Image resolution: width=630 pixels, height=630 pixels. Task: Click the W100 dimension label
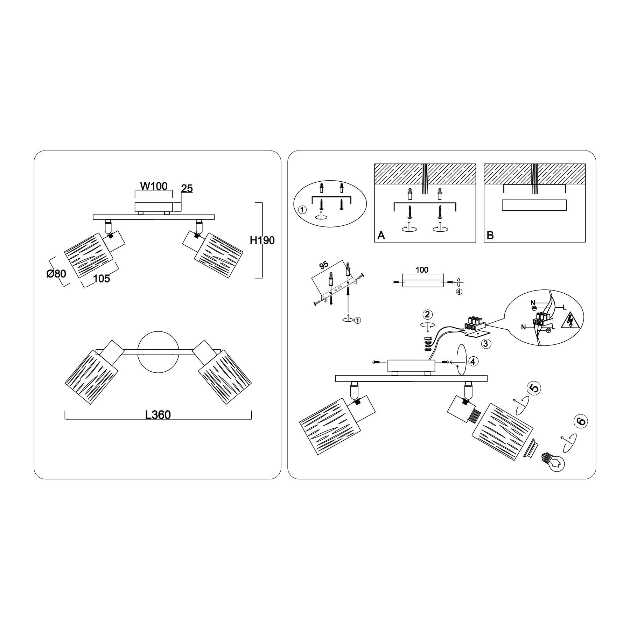[x=154, y=186]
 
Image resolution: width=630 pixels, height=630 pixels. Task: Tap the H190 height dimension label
[x=262, y=240]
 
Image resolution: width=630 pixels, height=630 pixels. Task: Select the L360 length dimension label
[x=158, y=415]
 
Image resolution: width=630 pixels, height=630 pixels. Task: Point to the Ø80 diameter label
[x=56, y=274]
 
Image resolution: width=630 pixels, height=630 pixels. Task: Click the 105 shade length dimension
[x=101, y=279]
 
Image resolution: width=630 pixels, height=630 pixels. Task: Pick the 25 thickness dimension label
[x=187, y=189]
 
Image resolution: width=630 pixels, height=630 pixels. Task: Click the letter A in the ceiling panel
[x=381, y=236]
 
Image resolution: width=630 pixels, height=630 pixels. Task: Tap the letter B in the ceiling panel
[x=490, y=236]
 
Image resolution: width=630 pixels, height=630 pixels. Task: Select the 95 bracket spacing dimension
[x=323, y=265]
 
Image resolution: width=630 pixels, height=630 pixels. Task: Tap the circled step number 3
[x=485, y=344]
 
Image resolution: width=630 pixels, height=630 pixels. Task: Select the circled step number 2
[x=427, y=314]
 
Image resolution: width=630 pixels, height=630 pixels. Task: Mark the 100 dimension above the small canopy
[x=422, y=269]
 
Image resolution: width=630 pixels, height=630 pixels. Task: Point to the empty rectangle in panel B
[x=534, y=205]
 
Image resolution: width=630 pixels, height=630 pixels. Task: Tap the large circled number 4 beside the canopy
[x=473, y=362]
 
